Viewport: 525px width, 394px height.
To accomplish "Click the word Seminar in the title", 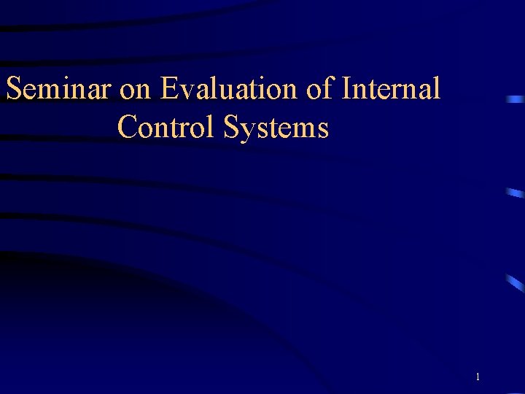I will [x=58, y=90].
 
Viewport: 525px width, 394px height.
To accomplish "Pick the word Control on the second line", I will [x=166, y=128].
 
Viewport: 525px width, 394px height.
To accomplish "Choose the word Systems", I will [x=276, y=128].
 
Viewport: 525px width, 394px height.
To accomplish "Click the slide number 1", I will [x=477, y=377].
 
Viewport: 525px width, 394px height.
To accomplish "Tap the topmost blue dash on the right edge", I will [x=516, y=98].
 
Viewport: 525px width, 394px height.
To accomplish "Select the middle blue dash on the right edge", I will [x=515, y=193].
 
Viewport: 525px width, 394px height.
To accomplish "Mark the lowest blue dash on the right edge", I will [x=516, y=283].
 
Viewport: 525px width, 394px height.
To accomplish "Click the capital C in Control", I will [x=126, y=128].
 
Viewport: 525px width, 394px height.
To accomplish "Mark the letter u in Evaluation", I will [x=223, y=93].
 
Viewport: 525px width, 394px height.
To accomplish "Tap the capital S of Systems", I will [x=232, y=128].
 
